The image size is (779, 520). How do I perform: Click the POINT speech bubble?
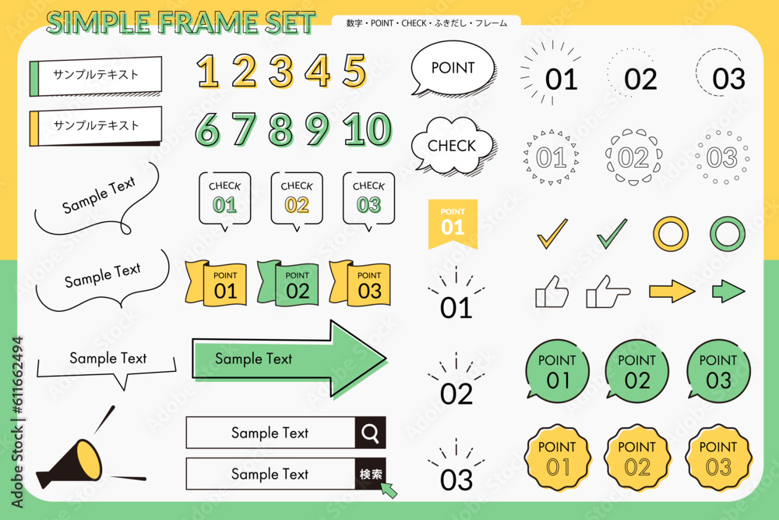(453, 68)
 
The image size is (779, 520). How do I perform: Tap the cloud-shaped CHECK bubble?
(453, 146)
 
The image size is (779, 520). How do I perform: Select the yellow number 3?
(281, 71)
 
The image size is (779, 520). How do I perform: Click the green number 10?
(368, 129)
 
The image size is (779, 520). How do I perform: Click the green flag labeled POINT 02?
(288, 282)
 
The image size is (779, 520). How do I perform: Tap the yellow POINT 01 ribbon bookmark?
(453, 224)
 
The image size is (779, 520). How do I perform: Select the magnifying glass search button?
(370, 433)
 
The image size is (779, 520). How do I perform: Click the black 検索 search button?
(370, 474)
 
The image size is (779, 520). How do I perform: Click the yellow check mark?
(552, 233)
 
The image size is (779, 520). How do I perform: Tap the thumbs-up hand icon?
(552, 292)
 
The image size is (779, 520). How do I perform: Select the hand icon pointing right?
(608, 292)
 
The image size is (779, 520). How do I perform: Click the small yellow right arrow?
(671, 292)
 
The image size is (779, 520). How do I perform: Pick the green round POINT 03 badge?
(718, 371)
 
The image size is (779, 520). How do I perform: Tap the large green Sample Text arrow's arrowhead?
(358, 359)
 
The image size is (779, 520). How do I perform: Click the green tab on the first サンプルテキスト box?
(34, 79)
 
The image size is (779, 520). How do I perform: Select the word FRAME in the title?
(208, 23)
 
